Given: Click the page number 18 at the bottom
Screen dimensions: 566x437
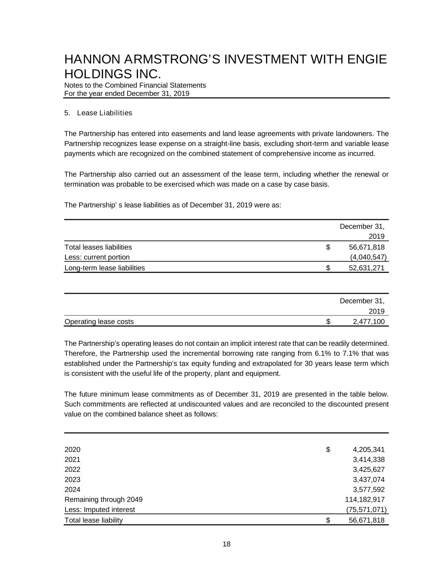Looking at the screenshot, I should coord(227,544).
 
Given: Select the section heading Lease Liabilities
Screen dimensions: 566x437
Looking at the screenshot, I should coord(104,113).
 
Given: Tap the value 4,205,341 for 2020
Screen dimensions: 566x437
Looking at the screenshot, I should coord(369,449).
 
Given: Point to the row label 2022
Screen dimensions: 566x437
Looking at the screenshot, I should coord(72,470).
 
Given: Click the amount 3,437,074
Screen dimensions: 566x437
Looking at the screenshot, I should coord(369,480).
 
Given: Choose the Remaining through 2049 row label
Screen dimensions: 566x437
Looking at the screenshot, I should coord(104,500).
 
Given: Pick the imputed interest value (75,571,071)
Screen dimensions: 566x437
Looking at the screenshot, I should coord(366,510).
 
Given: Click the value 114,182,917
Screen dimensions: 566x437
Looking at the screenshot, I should coord(365,500).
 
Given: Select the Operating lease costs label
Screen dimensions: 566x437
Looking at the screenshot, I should coord(99,322).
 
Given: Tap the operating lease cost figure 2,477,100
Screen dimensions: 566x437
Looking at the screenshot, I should coord(369,322).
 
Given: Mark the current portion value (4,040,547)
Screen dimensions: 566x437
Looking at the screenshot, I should coord(368,257).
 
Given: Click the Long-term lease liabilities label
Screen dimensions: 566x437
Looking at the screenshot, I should coord(105,268).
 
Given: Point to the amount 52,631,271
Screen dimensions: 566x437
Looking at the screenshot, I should coord(367,268).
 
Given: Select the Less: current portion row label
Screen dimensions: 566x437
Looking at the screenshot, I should coord(97,257).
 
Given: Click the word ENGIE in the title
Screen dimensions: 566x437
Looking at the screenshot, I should coord(367,60).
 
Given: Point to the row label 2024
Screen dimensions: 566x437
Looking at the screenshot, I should coord(72,490).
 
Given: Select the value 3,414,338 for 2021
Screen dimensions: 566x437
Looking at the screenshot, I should coord(369,459).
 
